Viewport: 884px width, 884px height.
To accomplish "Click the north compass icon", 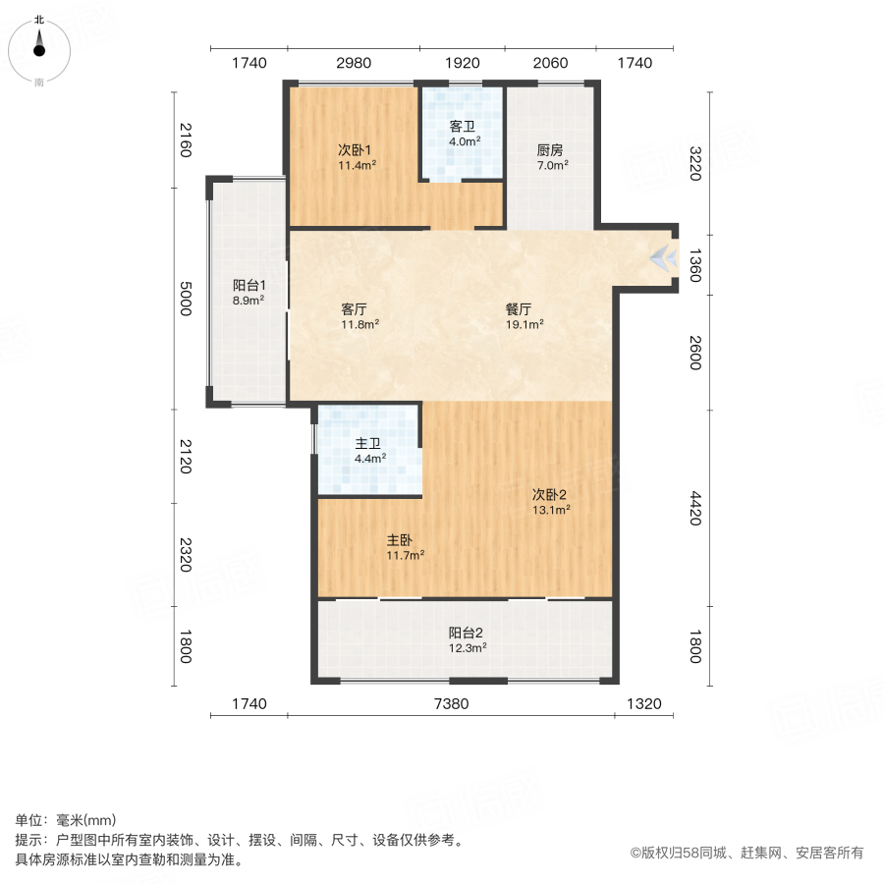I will pos(39,47).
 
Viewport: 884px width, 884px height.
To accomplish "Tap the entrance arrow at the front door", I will pos(665,258).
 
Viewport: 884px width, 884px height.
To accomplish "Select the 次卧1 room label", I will pos(354,150).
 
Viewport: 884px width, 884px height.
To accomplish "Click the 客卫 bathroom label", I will pos(464,127).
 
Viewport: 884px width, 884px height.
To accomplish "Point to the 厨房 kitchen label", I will pos(550,150).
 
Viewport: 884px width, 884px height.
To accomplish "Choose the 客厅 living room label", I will pos(353,307).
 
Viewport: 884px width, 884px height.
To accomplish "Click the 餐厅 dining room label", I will pos(519,307).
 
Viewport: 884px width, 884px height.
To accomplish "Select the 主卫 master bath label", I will pos(369,442).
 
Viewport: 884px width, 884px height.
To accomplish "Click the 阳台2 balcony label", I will pos(467,633).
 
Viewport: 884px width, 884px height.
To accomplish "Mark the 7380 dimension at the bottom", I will pos(452,703).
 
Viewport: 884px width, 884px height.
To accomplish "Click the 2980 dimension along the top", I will pos(354,63).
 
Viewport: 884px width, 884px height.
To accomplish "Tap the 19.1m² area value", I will pos(525,323).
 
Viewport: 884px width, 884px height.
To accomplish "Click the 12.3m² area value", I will pos(468,647).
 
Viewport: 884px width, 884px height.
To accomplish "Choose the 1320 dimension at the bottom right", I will pos(644,703).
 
